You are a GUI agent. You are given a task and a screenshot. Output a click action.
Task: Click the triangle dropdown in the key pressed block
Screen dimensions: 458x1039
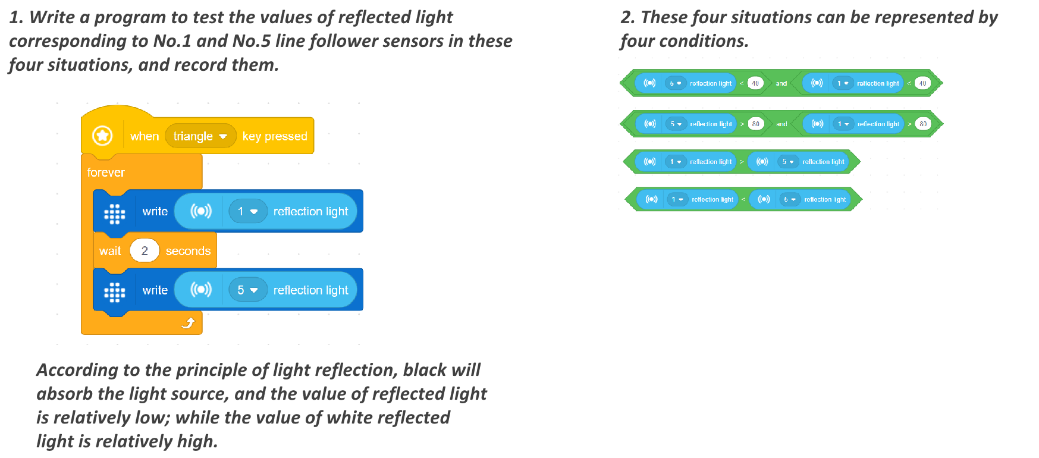pyautogui.click(x=200, y=136)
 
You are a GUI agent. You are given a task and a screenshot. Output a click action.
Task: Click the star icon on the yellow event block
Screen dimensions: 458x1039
pyautogui.click(x=103, y=136)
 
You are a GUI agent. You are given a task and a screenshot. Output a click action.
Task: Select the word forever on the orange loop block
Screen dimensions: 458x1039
pyautogui.click(x=106, y=172)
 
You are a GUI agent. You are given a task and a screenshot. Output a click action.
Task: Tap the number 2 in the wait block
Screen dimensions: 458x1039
pyautogui.click(x=145, y=251)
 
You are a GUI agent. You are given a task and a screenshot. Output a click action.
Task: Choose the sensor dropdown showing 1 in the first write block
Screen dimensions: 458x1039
pyautogui.click(x=247, y=211)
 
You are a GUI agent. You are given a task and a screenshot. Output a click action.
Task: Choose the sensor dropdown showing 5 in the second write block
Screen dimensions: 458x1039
pyautogui.click(x=247, y=290)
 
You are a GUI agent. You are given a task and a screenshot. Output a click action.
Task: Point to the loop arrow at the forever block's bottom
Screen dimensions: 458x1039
pyautogui.click(x=188, y=323)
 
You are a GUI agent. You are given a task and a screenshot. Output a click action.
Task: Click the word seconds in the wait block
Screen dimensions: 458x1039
pyautogui.click(x=188, y=251)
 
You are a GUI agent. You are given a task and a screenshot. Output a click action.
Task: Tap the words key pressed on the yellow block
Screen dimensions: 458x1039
pyautogui.click(x=275, y=136)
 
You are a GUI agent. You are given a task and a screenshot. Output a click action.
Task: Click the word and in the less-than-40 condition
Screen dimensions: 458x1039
pyautogui.click(x=781, y=83)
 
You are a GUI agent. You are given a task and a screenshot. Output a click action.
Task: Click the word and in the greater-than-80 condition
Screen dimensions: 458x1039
pyautogui.click(x=781, y=124)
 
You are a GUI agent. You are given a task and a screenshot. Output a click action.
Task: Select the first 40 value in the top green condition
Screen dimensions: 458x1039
pyautogui.click(x=755, y=83)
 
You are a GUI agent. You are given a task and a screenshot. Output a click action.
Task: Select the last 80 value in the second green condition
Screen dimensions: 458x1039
pyautogui.click(x=923, y=124)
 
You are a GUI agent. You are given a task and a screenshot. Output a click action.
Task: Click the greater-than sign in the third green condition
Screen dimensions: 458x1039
pyautogui.click(x=742, y=162)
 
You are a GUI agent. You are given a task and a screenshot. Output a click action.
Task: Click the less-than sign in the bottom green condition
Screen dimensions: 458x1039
pyautogui.click(x=743, y=199)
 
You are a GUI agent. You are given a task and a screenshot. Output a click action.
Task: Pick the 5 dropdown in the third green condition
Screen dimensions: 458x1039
pyautogui.click(x=787, y=162)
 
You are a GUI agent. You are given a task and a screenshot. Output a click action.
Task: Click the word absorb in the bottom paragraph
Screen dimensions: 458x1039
pyautogui.click(x=65, y=394)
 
